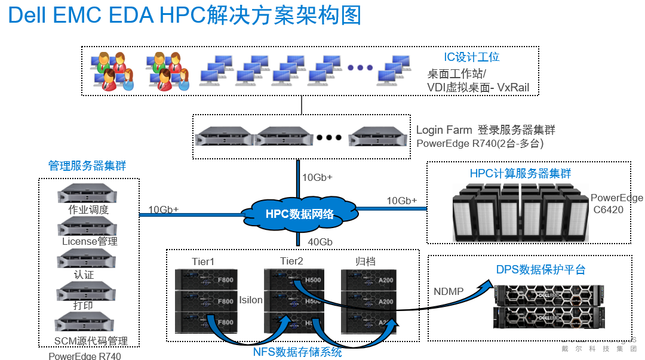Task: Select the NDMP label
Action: point(449,291)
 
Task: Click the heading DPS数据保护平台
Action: point(540,270)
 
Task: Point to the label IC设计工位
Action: point(471,57)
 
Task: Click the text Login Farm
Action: point(444,130)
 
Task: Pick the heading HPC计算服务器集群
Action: point(520,173)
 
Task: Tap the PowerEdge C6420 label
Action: point(616,204)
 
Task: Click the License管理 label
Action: point(90,241)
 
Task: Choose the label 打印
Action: point(84,306)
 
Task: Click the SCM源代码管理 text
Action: point(91,341)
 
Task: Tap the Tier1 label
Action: point(203,261)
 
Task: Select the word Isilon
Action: point(251,300)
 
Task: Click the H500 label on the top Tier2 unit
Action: point(312,280)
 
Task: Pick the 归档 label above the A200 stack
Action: point(365,261)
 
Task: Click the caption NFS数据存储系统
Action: point(297,352)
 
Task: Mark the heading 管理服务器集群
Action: point(87,165)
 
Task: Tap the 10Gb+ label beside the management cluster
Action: point(163,209)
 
